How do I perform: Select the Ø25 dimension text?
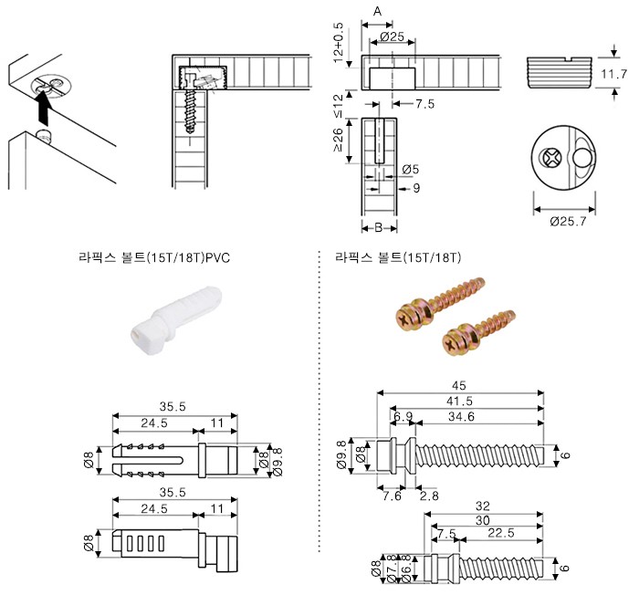tap(390, 37)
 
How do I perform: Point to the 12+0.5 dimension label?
tap(339, 41)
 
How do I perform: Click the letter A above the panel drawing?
tap(378, 10)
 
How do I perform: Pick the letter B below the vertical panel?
tap(378, 227)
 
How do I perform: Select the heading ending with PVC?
tap(153, 258)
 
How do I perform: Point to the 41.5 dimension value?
tap(461, 401)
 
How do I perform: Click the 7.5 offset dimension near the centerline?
tap(424, 105)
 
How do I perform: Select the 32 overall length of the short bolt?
tap(484, 505)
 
